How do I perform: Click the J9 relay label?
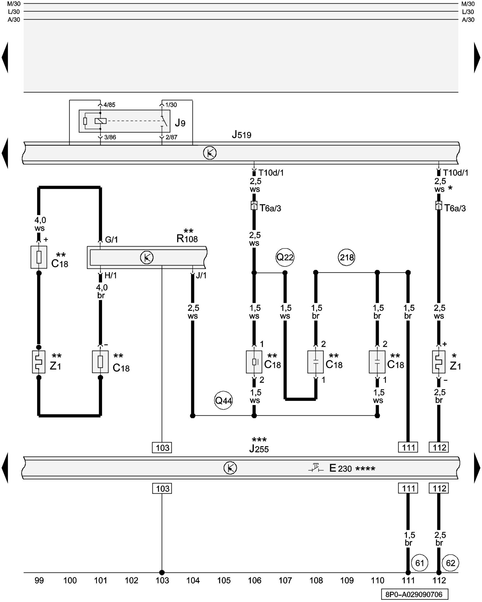(180, 123)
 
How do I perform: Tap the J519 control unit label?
(242, 135)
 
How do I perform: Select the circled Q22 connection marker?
(285, 257)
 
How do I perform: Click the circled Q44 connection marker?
(223, 400)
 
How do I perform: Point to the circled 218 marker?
(346, 257)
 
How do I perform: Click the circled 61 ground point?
(420, 563)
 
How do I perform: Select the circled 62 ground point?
(450, 563)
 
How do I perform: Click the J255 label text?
(259, 449)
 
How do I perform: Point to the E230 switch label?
(340, 468)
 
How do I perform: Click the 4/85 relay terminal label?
(109, 105)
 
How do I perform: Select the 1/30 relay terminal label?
(171, 105)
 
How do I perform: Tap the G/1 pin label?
(111, 240)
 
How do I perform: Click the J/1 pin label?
(201, 275)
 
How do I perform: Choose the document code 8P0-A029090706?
(414, 594)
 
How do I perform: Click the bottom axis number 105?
(224, 580)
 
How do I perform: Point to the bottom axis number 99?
(39, 580)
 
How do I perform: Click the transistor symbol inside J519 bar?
(210, 153)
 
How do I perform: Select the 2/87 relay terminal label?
(171, 137)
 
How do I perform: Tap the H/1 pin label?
(111, 275)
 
